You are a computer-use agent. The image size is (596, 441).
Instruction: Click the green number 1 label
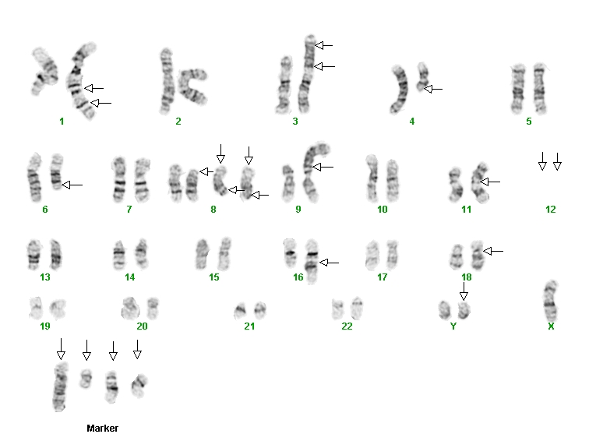click(62, 122)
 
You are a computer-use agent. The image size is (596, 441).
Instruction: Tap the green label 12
click(550, 210)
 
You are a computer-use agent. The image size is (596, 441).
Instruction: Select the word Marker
click(102, 429)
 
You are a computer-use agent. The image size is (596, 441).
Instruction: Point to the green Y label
click(453, 326)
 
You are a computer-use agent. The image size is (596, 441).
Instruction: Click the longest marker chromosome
click(60, 386)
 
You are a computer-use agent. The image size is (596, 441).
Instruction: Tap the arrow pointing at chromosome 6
click(72, 185)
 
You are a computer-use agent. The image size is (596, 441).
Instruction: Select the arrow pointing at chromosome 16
click(330, 263)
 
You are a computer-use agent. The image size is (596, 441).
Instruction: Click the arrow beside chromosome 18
click(493, 251)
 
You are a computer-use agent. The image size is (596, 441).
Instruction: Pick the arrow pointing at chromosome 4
click(433, 89)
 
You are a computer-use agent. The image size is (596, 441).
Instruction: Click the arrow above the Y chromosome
click(464, 291)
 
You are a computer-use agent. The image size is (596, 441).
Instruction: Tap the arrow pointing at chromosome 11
click(490, 182)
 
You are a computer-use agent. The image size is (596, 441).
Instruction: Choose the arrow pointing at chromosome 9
click(323, 167)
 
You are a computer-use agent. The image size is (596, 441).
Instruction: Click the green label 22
click(347, 326)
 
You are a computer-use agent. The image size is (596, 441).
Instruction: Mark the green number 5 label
click(529, 122)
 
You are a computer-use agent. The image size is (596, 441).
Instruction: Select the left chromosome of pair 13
click(34, 254)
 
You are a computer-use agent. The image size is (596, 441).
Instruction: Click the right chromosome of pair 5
click(539, 89)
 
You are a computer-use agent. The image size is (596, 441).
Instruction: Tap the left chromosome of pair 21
click(240, 311)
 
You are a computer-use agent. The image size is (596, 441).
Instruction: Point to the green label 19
click(45, 326)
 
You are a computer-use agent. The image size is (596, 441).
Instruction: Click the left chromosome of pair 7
click(119, 180)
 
